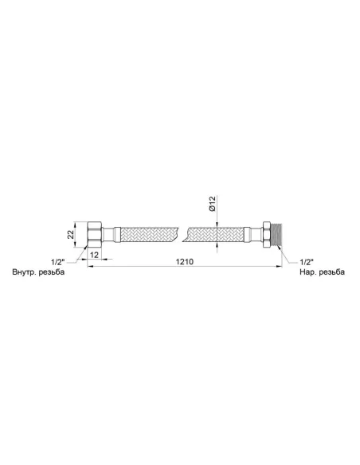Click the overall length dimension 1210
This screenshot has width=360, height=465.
pyautogui.click(x=185, y=261)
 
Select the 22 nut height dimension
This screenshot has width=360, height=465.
pyautogui.click(x=71, y=235)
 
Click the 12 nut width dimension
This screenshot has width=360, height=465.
pyautogui.click(x=94, y=255)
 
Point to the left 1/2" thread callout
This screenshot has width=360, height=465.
pyautogui.click(x=57, y=262)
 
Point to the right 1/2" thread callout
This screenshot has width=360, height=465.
pyautogui.click(x=307, y=262)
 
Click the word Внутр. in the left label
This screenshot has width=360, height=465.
pyautogui.click(x=25, y=272)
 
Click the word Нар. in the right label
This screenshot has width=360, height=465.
pyautogui.click(x=307, y=272)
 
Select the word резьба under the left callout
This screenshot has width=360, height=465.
pyautogui.click(x=52, y=272)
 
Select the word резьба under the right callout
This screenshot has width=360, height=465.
pyautogui.click(x=331, y=272)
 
